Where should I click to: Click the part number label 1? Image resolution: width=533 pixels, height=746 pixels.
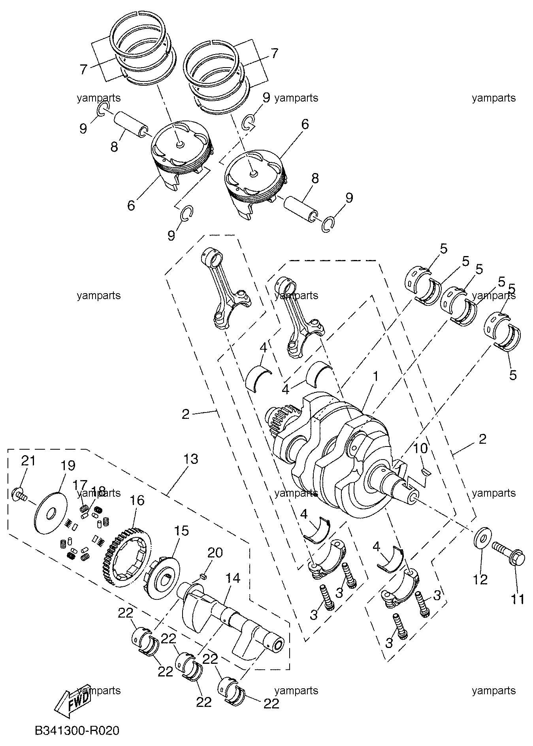tap(376, 377)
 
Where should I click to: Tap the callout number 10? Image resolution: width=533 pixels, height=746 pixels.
tap(421, 448)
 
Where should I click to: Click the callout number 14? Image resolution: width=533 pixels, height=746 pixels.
tap(233, 578)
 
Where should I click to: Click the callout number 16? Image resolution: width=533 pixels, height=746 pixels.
tap(137, 500)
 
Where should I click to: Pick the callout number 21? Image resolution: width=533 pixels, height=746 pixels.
tap(28, 461)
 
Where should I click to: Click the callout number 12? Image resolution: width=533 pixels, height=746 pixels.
tap(481, 579)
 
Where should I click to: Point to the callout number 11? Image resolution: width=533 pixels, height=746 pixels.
tap(518, 599)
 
